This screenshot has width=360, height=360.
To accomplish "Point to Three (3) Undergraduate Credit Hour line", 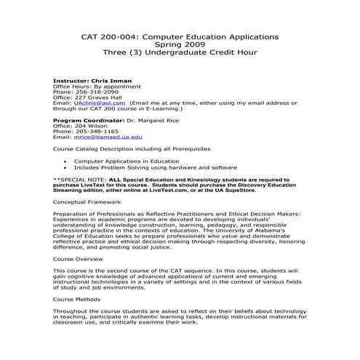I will (180, 52).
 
